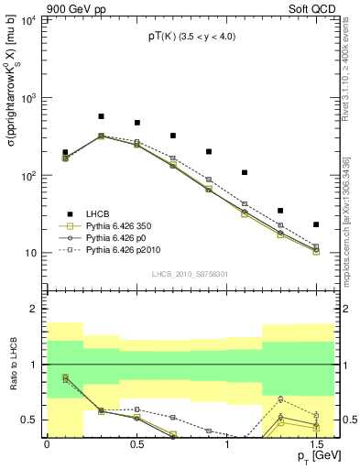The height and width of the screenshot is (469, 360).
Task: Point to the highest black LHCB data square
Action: tap(101, 117)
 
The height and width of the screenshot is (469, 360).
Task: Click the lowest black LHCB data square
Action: tap(316, 224)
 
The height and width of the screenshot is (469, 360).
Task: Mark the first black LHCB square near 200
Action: tap(65, 152)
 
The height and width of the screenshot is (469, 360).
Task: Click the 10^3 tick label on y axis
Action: tap(28, 97)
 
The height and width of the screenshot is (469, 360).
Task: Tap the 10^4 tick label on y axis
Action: tap(28, 19)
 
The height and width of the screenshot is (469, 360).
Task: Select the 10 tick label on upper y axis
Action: tap(31, 254)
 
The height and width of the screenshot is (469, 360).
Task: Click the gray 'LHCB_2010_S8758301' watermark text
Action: tap(191, 273)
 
